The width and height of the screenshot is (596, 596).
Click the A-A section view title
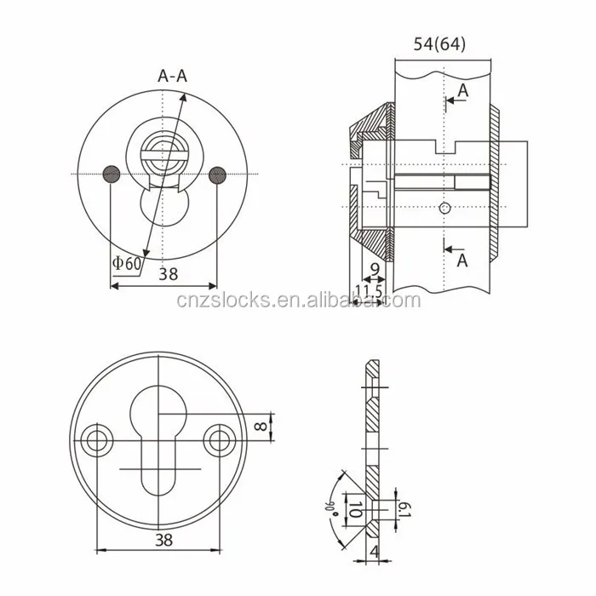pos(173,76)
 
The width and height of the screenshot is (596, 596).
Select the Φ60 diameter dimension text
pos(127,263)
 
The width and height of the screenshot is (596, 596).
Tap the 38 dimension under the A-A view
pos(168,274)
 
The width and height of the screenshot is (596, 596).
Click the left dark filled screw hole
pos(112,175)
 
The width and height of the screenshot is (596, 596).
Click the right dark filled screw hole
pos(217,175)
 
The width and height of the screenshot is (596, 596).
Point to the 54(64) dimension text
pos(439,44)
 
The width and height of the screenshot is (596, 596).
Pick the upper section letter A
pos(463,90)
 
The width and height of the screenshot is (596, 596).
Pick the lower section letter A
pos(462,261)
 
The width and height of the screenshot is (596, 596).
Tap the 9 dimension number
pos(375,269)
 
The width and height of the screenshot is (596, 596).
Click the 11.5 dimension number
pos(369,291)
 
